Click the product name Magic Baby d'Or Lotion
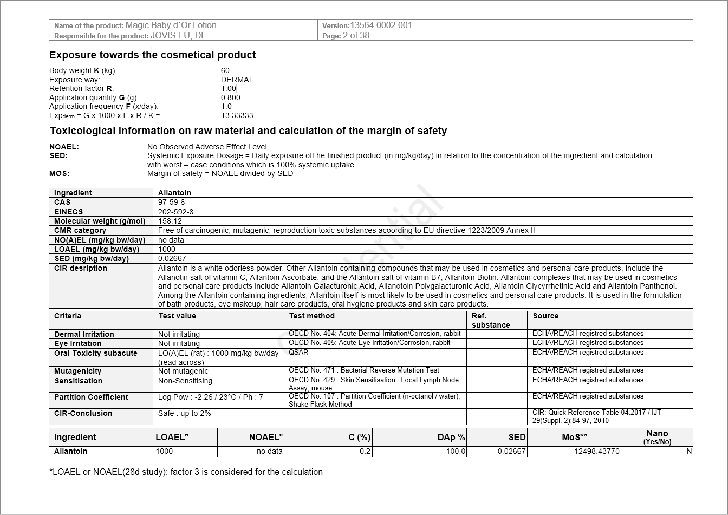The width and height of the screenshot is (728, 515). pos(171,25)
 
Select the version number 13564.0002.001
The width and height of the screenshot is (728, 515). pos(381,25)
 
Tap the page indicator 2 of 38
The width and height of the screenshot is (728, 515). pos(356,36)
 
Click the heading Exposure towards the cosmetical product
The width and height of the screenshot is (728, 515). pos(152,55)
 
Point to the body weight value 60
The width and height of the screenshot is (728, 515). pos(225,70)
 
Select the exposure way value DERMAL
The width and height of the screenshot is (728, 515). pos(237,80)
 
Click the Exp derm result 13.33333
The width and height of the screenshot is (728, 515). pos(237,116)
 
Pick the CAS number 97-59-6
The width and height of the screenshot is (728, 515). pos(171,202)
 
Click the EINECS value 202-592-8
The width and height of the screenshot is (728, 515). pos(175,212)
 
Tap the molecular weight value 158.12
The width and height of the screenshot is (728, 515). pos(170,221)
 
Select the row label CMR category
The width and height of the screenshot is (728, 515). pos(80,231)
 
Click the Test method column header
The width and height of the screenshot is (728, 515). pos(311,316)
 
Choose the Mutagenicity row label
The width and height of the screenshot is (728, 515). pos(77,371)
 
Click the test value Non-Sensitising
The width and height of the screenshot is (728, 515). pos(185,381)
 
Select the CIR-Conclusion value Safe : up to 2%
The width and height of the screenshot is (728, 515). pos(184,414)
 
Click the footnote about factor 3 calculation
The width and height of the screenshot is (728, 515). pos(186,472)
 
